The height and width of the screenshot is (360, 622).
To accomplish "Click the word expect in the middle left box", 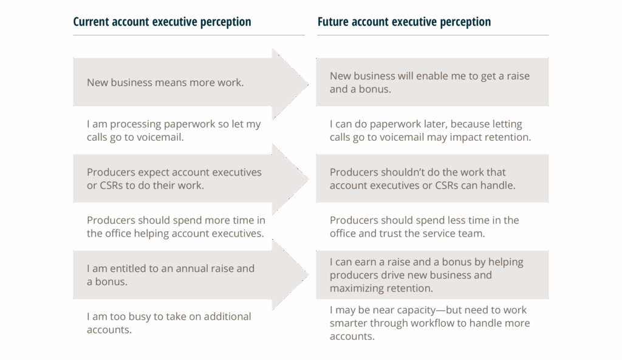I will click(149, 172).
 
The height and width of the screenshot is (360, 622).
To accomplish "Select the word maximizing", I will click(357, 288).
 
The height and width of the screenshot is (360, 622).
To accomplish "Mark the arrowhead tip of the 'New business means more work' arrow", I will click(308, 83).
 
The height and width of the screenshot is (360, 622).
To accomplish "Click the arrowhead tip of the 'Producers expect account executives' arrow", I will click(308, 178).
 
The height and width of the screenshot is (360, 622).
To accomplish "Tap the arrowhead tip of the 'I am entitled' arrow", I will click(308, 274).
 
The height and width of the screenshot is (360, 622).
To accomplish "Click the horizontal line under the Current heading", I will click(188, 35).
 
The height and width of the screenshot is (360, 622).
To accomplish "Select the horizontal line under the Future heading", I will click(433, 35).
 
